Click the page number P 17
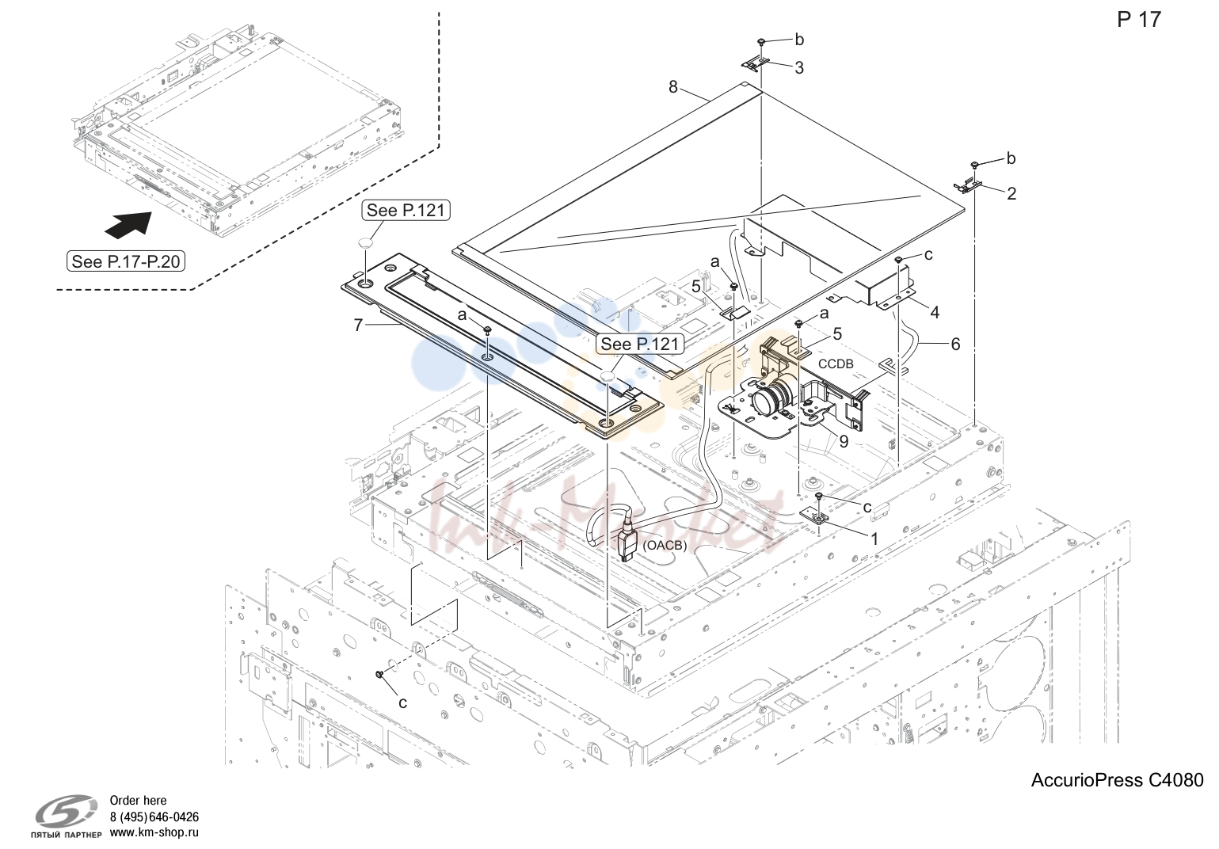(1139, 20)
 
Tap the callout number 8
(673, 87)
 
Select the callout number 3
(799, 68)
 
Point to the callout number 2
(1011, 193)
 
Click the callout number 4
(935, 312)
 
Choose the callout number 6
(955, 344)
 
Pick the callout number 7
(358, 325)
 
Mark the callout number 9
(844, 441)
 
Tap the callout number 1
(874, 539)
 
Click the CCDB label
(836, 364)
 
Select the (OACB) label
(665, 545)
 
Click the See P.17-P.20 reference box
(126, 262)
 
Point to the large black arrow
(128, 224)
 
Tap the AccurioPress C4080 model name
(1118, 780)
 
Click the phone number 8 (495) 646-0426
(154, 817)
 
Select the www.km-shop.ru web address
(154, 832)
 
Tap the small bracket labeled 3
(756, 63)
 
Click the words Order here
(139, 801)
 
